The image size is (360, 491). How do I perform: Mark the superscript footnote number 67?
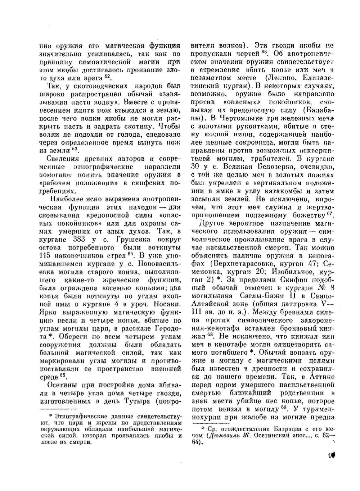pyautogui.click(x=329, y=214)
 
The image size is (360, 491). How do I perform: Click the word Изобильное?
pyautogui.click(x=290, y=272)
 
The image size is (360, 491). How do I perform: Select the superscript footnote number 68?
pyautogui.click(x=211, y=334)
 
